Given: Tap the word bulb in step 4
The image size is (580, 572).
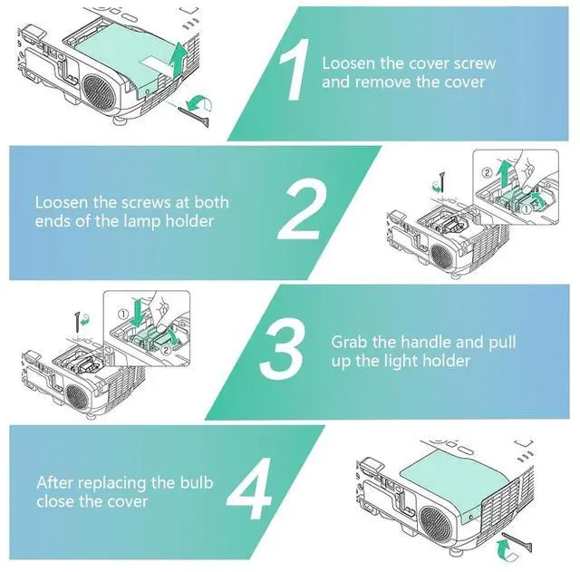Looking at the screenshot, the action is [x=193, y=483].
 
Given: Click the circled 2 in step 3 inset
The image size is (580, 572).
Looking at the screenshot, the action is [x=166, y=348].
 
